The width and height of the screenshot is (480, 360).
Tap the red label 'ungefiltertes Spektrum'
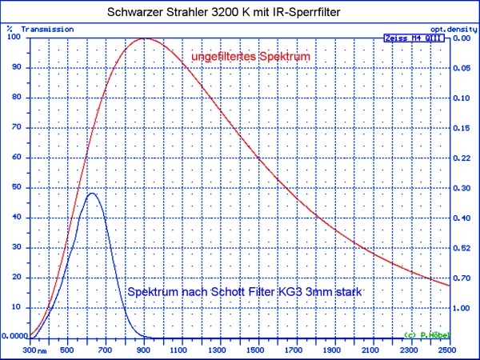[250, 58]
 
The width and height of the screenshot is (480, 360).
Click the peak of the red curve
[145, 38]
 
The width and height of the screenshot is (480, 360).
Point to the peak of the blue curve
[92, 194]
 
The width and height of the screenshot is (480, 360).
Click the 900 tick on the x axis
[145, 350]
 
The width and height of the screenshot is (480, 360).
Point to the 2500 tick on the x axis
[449, 350]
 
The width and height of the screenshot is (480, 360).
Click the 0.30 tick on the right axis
[462, 188]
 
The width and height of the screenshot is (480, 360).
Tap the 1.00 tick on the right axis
[462, 308]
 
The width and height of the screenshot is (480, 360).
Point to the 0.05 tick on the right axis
[462, 68]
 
